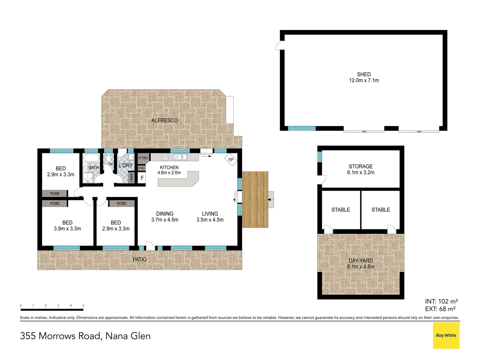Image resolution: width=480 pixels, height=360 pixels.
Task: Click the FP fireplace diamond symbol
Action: point(231,160)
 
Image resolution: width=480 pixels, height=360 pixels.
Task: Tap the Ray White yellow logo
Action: point(446,335)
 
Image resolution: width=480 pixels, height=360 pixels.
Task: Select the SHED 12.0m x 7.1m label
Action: point(364,77)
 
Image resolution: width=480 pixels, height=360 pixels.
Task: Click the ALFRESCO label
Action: point(165,120)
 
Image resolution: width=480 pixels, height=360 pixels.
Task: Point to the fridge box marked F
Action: point(142,178)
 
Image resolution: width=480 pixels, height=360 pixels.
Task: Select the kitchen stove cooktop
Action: point(165,157)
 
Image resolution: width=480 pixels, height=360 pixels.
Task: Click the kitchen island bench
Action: point(178,180)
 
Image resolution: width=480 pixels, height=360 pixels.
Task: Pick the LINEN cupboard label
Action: point(131,178)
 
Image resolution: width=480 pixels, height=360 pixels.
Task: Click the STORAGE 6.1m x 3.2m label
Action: point(361,169)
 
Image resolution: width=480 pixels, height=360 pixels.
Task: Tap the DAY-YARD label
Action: point(361,261)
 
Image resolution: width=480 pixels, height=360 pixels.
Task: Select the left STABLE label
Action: point(341,210)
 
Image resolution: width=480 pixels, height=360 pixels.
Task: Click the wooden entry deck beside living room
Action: point(255,199)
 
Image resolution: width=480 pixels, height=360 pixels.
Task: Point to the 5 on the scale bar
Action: point(83,306)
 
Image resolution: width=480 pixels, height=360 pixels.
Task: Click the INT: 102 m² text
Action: point(441,301)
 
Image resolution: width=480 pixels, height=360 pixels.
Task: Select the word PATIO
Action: point(140,259)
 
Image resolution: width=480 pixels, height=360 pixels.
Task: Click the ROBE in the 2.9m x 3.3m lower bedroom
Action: point(122,203)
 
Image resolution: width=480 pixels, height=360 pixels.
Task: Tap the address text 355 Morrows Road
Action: point(60,336)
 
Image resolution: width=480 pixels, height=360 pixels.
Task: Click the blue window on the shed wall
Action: point(302,128)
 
